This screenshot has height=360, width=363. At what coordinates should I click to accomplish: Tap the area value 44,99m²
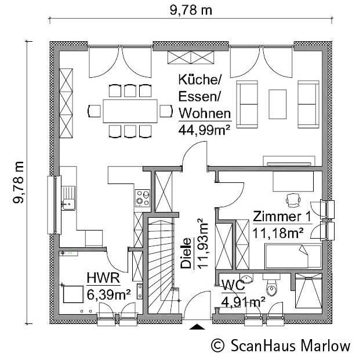(x=204, y=129)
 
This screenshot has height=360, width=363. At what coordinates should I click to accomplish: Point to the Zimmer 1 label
(x=282, y=217)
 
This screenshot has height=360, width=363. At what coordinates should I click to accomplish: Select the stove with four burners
(x=141, y=198)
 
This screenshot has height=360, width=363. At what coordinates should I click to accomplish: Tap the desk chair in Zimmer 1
(x=292, y=200)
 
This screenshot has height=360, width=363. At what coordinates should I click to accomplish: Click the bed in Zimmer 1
(x=293, y=255)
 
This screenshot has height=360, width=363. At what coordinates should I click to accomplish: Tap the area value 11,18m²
(x=278, y=233)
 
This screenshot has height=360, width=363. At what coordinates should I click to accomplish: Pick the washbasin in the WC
(x=245, y=278)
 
